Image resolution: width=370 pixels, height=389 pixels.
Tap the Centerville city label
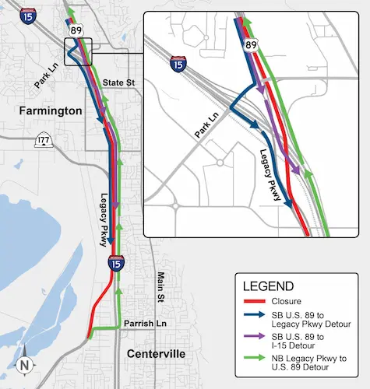(156, 354)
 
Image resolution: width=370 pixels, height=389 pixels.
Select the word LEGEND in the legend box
(269, 286)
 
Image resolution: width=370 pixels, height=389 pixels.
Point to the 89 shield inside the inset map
(252, 45)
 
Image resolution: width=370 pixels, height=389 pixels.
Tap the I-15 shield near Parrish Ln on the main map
(115, 263)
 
